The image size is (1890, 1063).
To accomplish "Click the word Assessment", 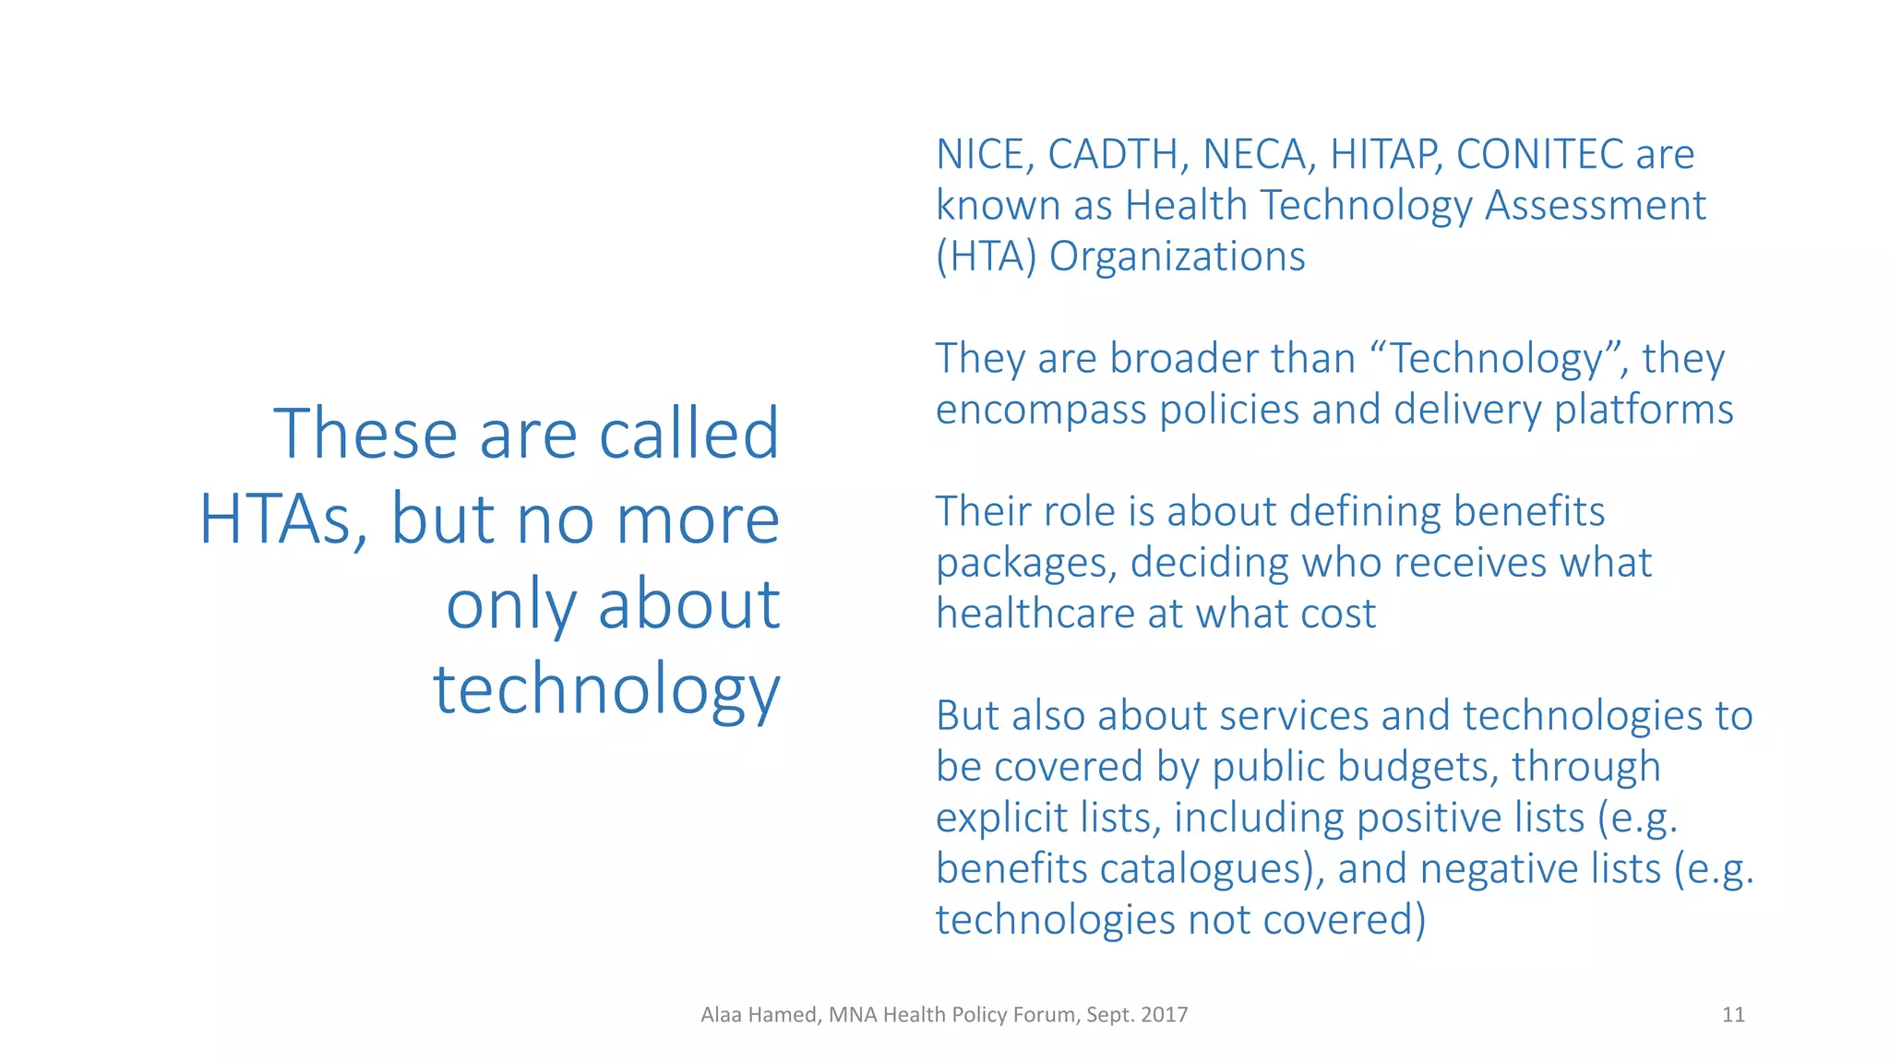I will click(1596, 205).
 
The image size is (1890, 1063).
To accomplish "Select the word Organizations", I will click(1178, 257).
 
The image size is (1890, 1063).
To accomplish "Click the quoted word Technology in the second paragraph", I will click(1497, 358).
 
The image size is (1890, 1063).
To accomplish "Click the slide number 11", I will click(1733, 1015).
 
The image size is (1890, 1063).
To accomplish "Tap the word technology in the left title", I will click(607, 690).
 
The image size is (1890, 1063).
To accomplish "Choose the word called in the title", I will click(688, 434).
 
